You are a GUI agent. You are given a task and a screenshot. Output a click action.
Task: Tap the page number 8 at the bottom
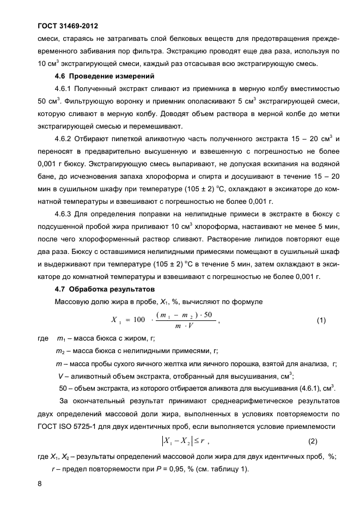[x=39, y=482]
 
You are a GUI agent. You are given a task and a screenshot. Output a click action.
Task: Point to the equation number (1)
[x=321, y=320]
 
